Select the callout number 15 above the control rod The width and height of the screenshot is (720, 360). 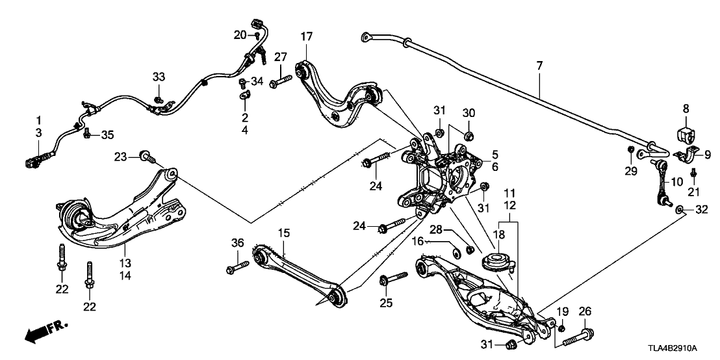[283, 232]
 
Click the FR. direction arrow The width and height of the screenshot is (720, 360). [45, 331]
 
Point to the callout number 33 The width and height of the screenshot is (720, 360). [159, 77]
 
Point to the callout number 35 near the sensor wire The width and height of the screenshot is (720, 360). [107, 135]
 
